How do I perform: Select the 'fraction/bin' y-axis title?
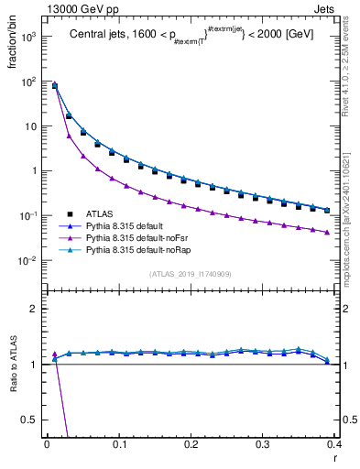pos(18,55)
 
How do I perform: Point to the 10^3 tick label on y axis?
pos(27,38)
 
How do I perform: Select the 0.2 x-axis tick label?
pos(191,444)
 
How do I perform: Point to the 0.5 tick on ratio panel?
pos(30,420)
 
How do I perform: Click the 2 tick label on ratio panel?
pos(33,309)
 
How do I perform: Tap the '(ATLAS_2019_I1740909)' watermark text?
pos(191,274)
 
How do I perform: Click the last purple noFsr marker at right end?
pos(327,232)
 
